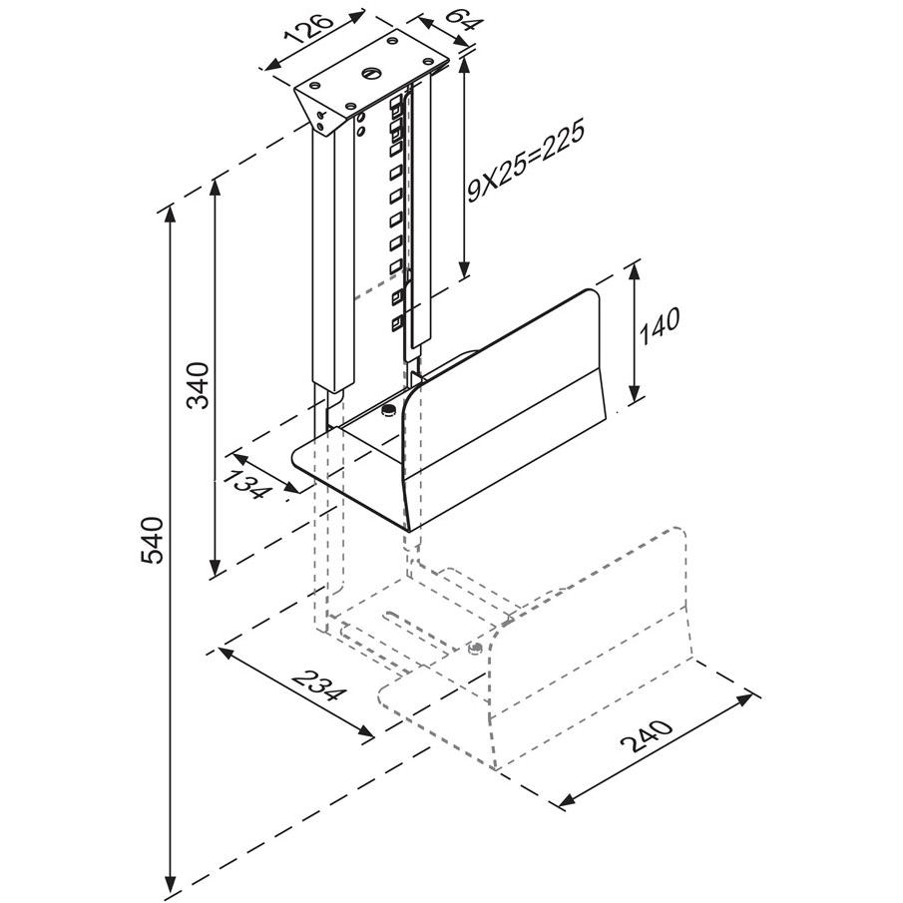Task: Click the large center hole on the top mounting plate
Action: point(371,72)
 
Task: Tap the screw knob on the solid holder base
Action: point(388,410)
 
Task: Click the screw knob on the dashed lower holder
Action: point(477,648)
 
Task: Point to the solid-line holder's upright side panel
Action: point(509,399)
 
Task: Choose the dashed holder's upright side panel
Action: point(599,639)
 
